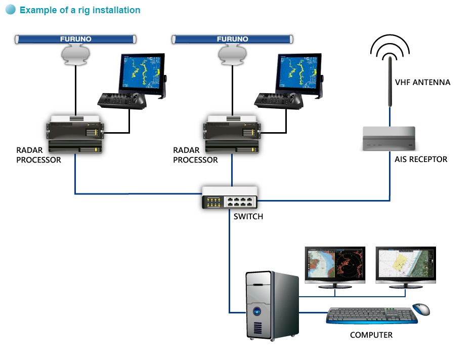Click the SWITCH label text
coord(248,217)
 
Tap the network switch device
coord(230,198)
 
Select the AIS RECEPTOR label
coord(421,159)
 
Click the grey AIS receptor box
coord(389,138)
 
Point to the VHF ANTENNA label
coord(422,82)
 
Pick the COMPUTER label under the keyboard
coord(371,335)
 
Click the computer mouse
coord(421,308)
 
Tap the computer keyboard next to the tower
coord(372,316)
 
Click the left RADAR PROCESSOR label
coord(38,155)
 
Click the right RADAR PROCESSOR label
coord(195,155)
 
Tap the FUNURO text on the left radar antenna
coord(76,38)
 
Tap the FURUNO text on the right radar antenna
coord(233,38)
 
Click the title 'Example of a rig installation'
coord(80,10)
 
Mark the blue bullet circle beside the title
coord(11,10)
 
